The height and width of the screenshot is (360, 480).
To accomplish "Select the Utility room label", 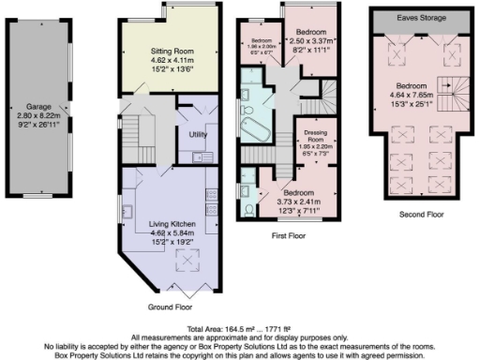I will [198, 136].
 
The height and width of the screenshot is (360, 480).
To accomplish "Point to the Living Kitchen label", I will [169, 223].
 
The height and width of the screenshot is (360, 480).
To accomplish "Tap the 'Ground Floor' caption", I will [169, 307].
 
